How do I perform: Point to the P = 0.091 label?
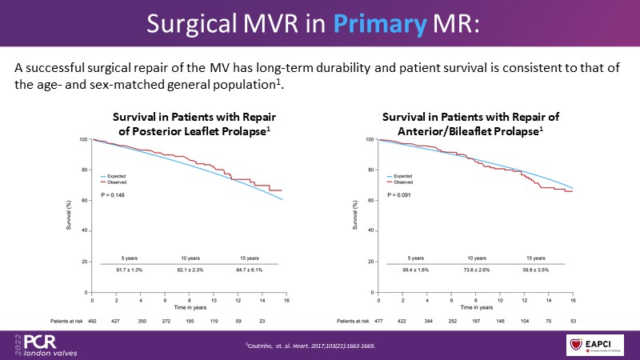click(400, 194)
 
